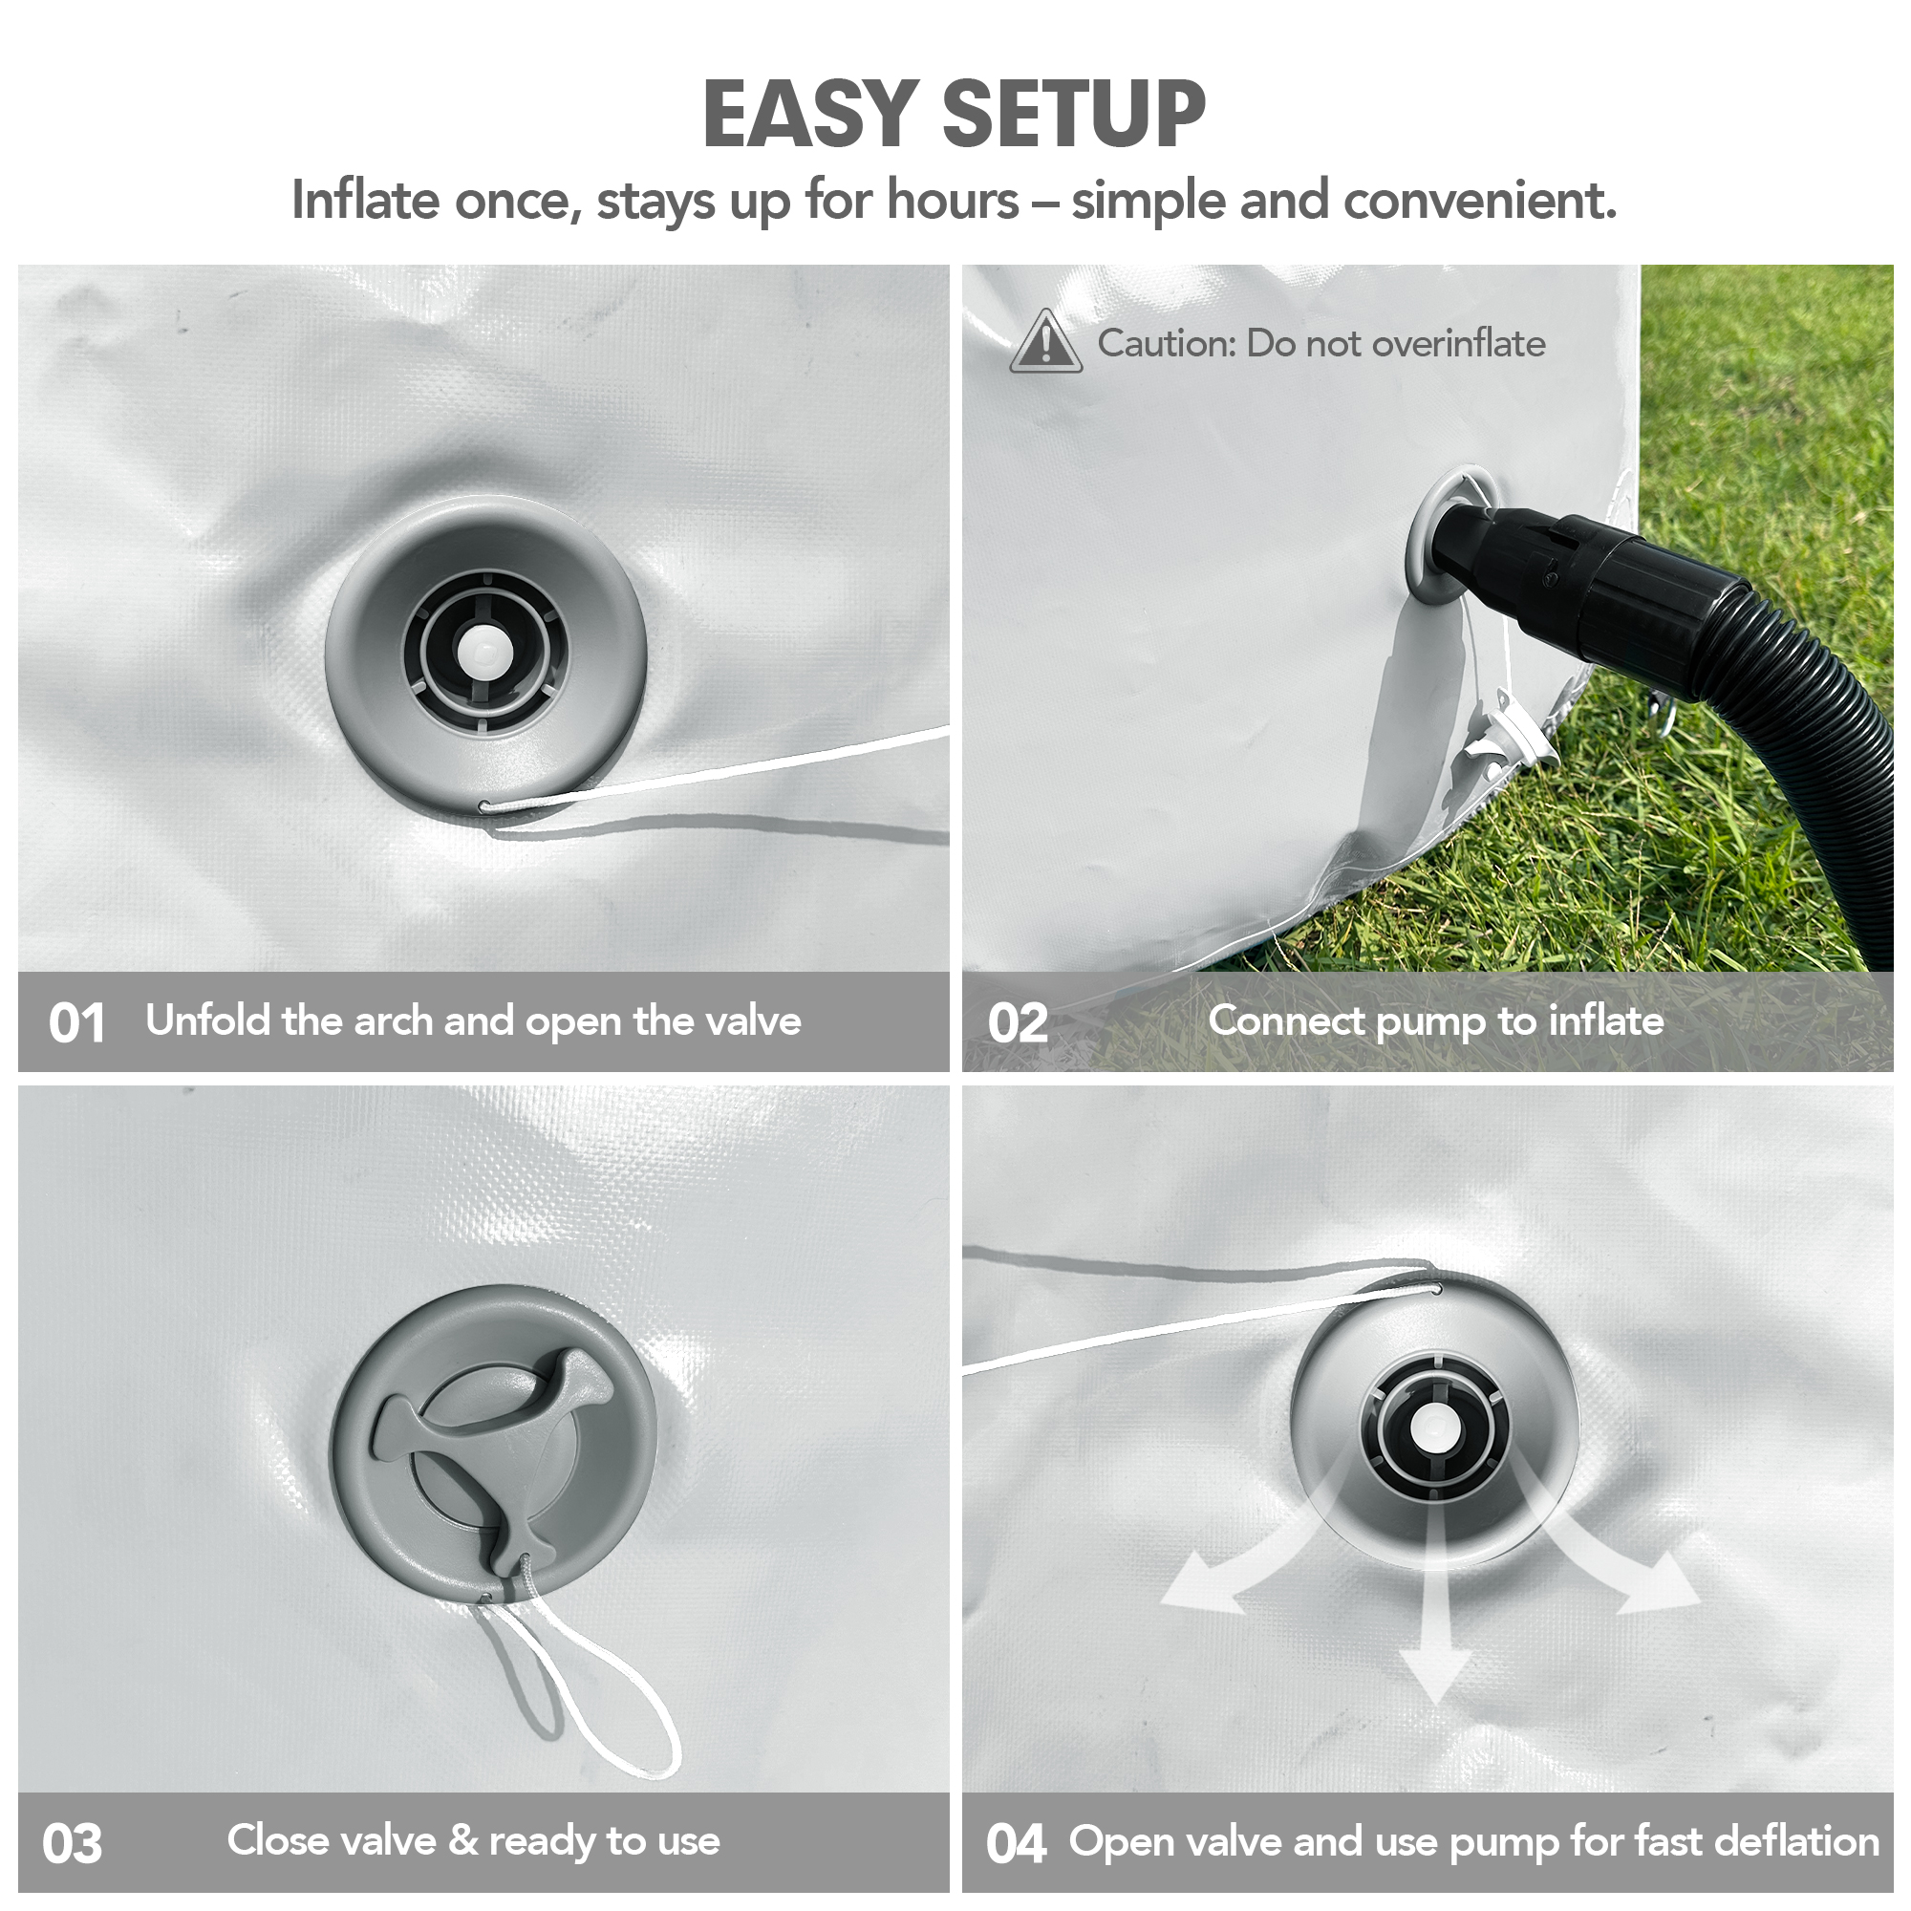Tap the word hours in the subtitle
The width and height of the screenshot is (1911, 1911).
pos(952,200)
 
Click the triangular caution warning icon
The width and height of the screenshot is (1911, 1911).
pos(1045,341)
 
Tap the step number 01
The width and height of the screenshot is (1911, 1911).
pos(76,1022)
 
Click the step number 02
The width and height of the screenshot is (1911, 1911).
pos(1017,1022)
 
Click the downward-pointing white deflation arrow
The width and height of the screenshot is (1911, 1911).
pos(1435,1622)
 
